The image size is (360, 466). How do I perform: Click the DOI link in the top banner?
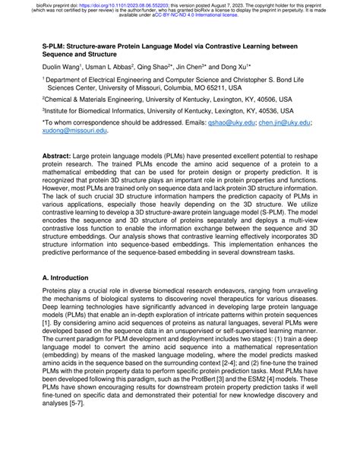pyautogui.click(x=106, y=4)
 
